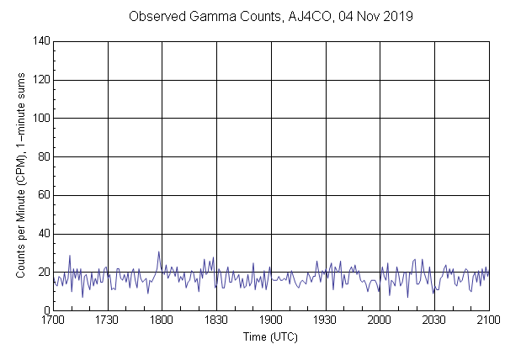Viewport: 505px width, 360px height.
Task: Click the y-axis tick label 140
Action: point(40,41)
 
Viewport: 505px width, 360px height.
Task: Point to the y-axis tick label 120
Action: point(40,80)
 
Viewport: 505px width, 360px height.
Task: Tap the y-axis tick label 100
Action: point(40,119)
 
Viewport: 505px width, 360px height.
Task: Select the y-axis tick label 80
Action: point(43,156)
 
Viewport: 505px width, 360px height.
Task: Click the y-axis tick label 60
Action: point(43,195)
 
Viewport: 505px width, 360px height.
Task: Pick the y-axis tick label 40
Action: point(43,234)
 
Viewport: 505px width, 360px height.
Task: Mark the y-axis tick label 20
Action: point(43,272)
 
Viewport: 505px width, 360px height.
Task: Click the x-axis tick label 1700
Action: point(53,320)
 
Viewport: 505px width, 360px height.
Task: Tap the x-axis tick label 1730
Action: point(108,320)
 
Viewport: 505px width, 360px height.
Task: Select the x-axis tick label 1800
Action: point(162,320)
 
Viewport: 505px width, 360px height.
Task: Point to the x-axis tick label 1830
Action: point(216,320)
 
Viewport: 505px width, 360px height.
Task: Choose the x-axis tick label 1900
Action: point(271,320)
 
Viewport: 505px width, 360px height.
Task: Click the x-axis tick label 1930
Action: point(326,320)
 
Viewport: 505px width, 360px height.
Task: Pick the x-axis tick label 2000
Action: point(380,320)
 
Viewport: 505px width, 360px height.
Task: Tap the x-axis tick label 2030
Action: point(434,320)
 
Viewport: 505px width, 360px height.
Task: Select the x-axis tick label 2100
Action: point(489,320)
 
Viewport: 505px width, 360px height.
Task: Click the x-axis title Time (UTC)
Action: point(271,336)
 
